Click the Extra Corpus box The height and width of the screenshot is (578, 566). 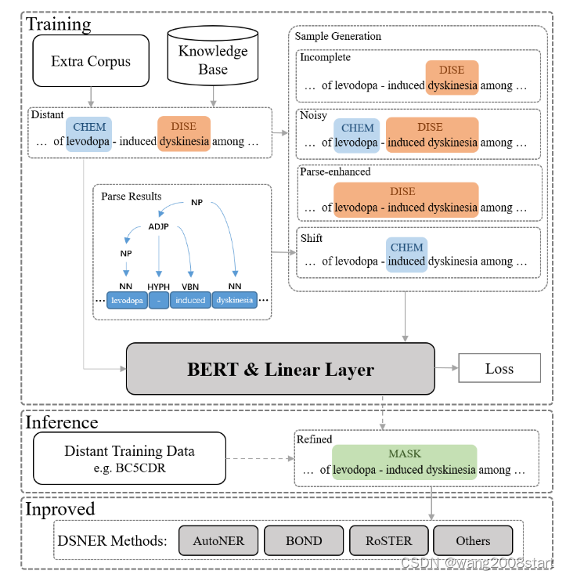pos(90,60)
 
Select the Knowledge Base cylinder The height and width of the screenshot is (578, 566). pos(212,60)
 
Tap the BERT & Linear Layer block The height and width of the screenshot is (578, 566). pos(279,369)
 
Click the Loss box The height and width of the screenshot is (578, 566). pos(499,368)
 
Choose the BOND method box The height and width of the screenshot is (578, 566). pos(303,540)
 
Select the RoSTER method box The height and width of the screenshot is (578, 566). pos(387,540)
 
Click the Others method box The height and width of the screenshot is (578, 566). pos(473,540)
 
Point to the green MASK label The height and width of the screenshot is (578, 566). pos(404,453)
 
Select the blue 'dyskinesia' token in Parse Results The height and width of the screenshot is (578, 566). pos(234,300)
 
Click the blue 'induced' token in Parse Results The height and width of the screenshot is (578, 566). pos(190,300)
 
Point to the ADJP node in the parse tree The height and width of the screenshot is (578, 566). pos(159,226)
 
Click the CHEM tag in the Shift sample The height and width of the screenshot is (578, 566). pos(406,247)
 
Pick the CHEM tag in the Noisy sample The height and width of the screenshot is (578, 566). pos(358,128)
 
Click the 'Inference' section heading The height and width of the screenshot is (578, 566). pos(62,422)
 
